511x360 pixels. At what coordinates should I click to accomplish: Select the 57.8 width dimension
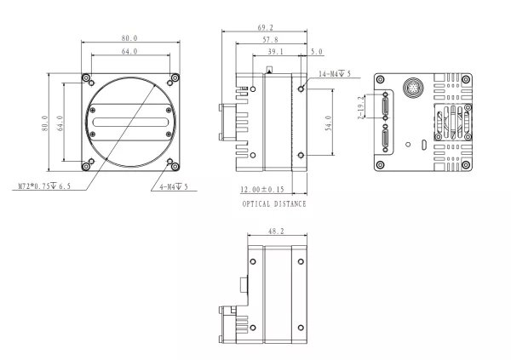(x=271, y=41)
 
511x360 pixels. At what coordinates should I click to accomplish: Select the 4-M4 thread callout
(x=173, y=186)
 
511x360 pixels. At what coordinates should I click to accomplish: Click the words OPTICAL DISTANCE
(x=273, y=205)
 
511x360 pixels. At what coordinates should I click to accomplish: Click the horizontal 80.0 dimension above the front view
(x=130, y=38)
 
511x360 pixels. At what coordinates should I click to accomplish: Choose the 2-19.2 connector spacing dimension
(x=361, y=109)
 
